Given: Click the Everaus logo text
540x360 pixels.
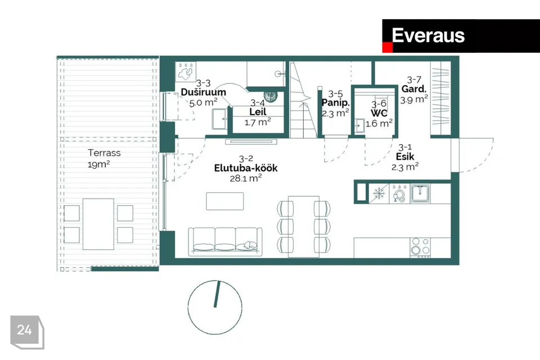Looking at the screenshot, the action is point(428,35).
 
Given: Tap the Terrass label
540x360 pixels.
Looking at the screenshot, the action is point(104,152).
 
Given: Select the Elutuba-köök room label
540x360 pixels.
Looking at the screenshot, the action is point(246,168).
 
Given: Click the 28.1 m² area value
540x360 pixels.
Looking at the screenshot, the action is point(246,178).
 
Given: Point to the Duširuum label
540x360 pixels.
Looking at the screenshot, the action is point(203,92).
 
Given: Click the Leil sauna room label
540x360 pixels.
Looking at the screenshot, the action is point(258,111).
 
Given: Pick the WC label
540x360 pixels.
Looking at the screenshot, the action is point(379,113).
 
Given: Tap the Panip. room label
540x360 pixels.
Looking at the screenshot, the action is point(336,103).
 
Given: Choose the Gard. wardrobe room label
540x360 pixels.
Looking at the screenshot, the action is point(414,89).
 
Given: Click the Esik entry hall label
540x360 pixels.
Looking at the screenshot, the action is point(405,157).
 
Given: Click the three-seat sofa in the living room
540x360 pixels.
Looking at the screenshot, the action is point(225,241).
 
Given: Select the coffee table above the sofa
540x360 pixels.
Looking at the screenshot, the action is point(225,201).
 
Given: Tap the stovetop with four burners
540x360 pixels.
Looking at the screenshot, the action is point(420,247).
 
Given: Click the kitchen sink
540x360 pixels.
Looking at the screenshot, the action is point(420,193).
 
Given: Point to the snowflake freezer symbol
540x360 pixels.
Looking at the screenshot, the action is point(379,193).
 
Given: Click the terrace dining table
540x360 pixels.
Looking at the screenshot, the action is point(98,224).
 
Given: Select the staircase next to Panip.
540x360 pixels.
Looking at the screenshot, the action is point(303,100).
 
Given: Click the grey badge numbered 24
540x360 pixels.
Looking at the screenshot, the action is point(27,332).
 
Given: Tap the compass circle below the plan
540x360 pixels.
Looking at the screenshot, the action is point(215,307).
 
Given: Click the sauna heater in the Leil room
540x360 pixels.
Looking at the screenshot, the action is point(271,96).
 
